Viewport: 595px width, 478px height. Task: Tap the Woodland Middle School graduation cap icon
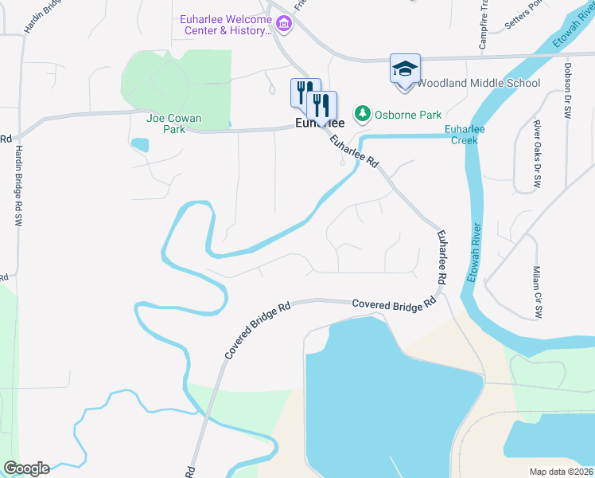click(405, 69)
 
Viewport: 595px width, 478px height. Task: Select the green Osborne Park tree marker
click(363, 114)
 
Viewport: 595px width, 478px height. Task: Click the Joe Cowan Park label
click(174, 123)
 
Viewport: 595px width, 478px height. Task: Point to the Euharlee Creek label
click(465, 134)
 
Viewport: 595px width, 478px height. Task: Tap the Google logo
click(26, 468)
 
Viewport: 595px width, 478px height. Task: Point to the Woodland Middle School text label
click(478, 84)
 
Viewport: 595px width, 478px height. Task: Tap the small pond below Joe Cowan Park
click(140, 145)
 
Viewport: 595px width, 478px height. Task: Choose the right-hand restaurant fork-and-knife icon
click(321, 105)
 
